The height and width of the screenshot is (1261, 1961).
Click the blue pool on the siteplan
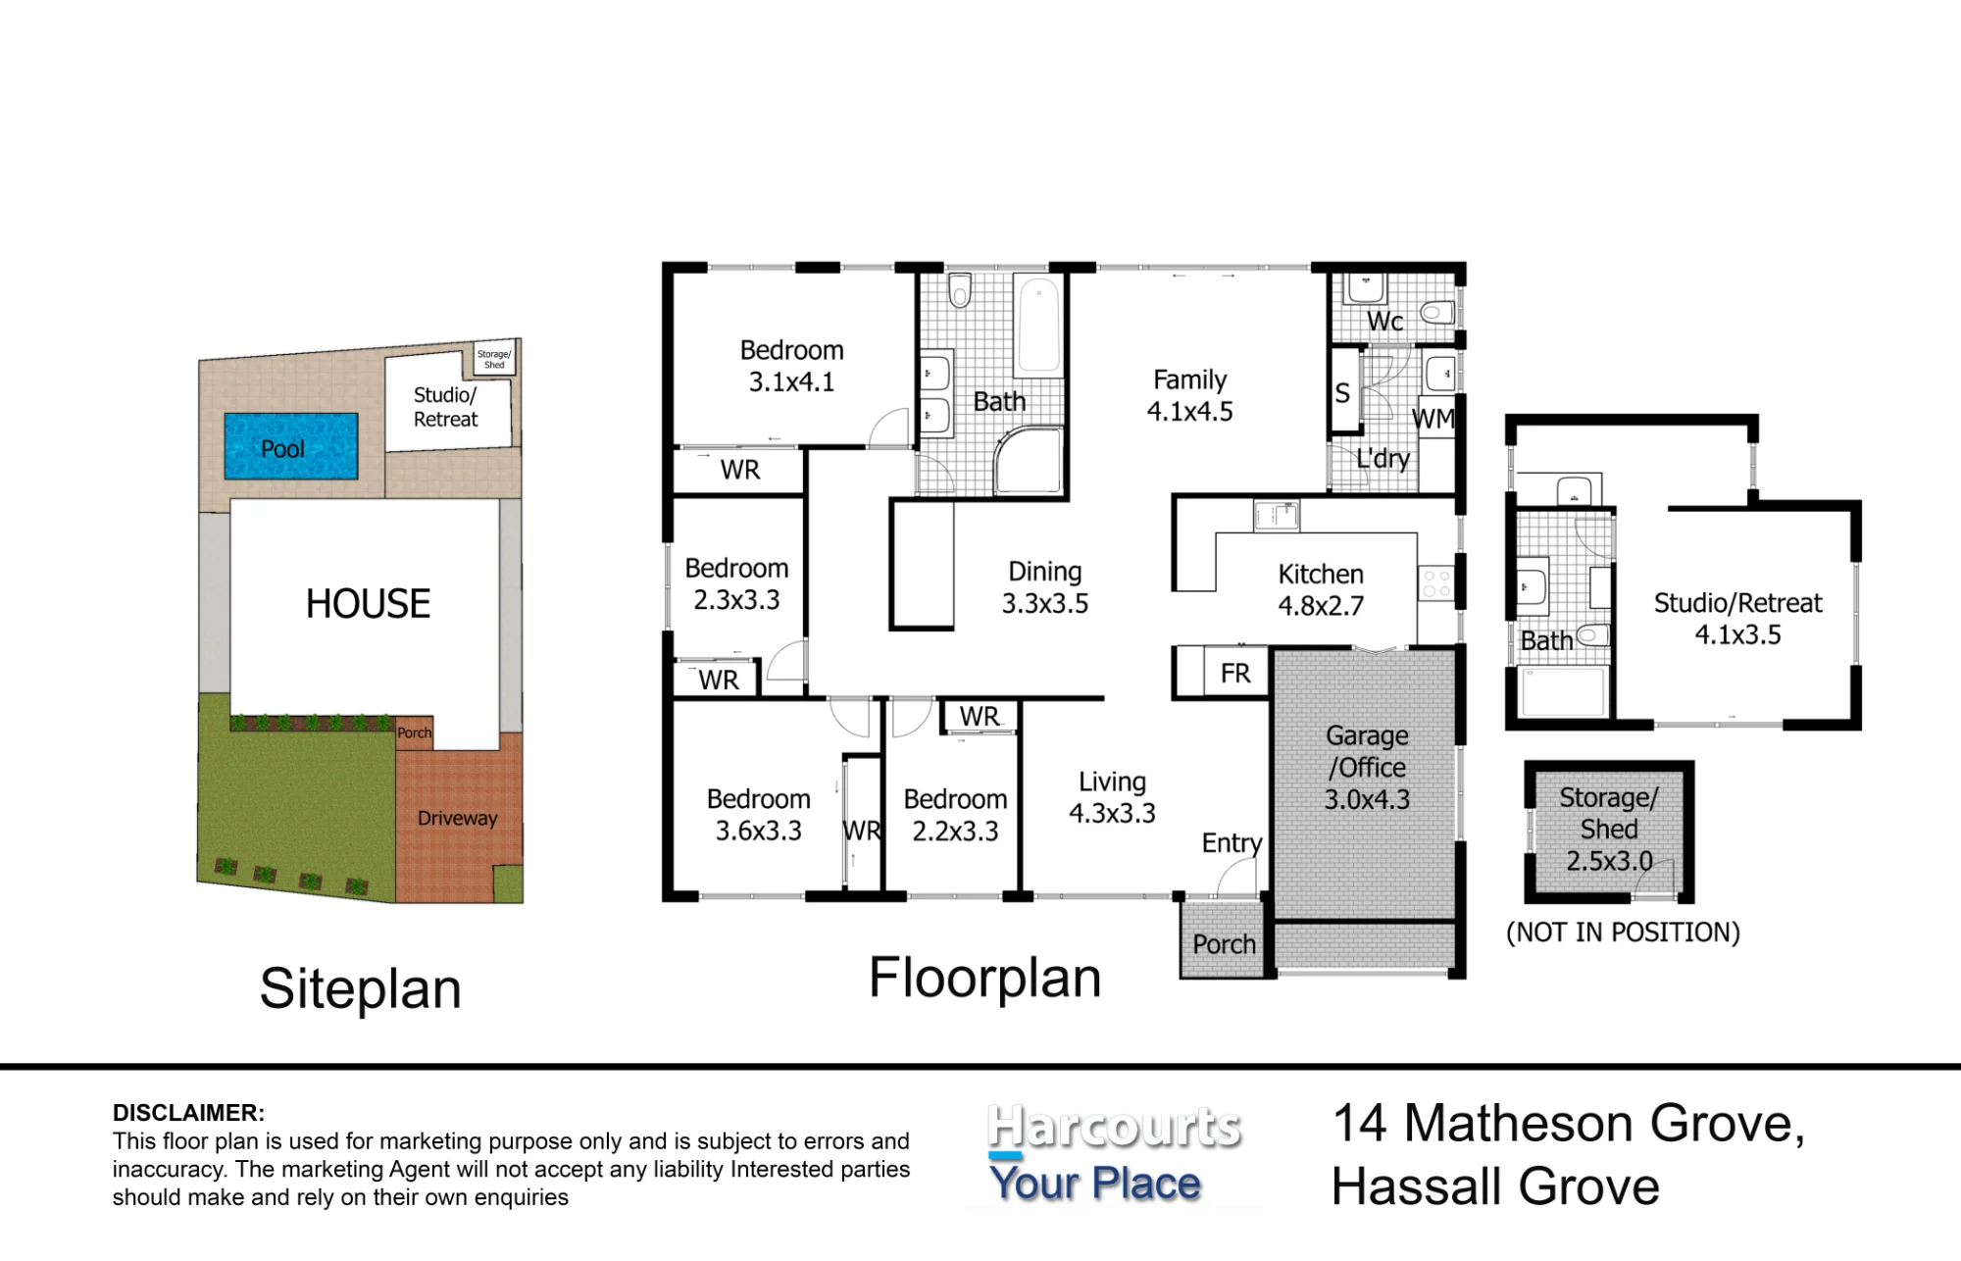(x=291, y=446)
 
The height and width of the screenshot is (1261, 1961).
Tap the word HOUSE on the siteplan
(x=368, y=604)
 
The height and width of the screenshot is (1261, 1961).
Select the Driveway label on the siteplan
(x=457, y=818)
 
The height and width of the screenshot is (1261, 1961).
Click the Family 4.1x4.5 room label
(x=1190, y=395)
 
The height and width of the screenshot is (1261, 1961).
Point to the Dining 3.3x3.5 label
(x=1045, y=587)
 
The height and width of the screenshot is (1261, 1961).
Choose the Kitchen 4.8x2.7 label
(x=1321, y=589)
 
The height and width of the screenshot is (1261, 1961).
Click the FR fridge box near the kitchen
(x=1235, y=673)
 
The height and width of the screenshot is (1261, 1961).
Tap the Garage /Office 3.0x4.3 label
(x=1367, y=767)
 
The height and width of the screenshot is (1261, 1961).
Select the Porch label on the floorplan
(x=1224, y=944)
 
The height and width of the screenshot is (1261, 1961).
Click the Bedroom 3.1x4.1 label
(x=791, y=366)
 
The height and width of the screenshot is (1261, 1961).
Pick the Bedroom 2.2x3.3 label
(x=955, y=815)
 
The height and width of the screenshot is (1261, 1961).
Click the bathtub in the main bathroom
(x=1038, y=326)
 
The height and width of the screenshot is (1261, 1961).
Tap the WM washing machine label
(x=1433, y=419)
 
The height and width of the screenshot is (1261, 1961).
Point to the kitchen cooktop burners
(x=1435, y=583)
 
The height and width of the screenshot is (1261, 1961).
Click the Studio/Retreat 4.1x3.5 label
(x=1737, y=619)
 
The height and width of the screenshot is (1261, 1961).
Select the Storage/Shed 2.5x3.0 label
(x=1609, y=829)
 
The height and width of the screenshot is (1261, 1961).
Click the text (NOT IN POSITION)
(x=1623, y=932)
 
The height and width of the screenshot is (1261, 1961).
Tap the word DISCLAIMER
(x=188, y=1113)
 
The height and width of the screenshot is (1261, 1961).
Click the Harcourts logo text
(x=1114, y=1128)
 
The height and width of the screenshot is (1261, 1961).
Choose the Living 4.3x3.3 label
(x=1112, y=797)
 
